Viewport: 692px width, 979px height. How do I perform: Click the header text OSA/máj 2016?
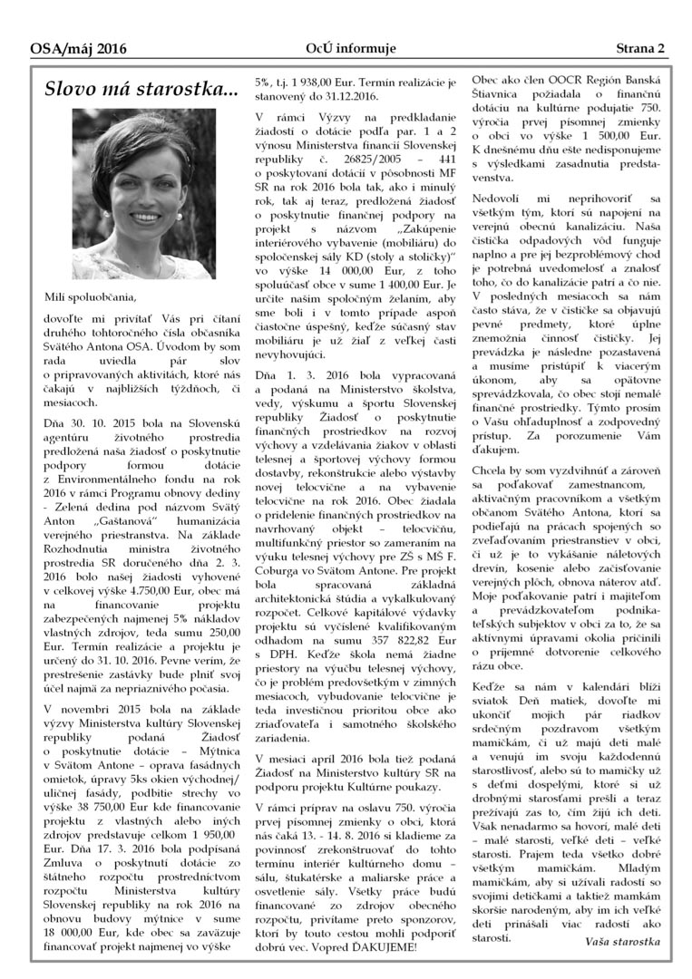click(78, 49)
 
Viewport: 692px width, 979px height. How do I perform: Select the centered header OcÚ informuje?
click(346, 49)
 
